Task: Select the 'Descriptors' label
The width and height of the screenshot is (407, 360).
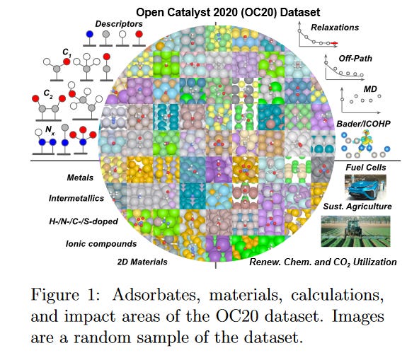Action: tap(119, 23)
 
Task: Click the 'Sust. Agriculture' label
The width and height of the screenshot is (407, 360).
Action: tap(356, 207)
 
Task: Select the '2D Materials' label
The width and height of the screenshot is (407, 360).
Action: tap(141, 262)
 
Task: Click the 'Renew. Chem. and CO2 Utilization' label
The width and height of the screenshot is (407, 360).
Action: tap(323, 262)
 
